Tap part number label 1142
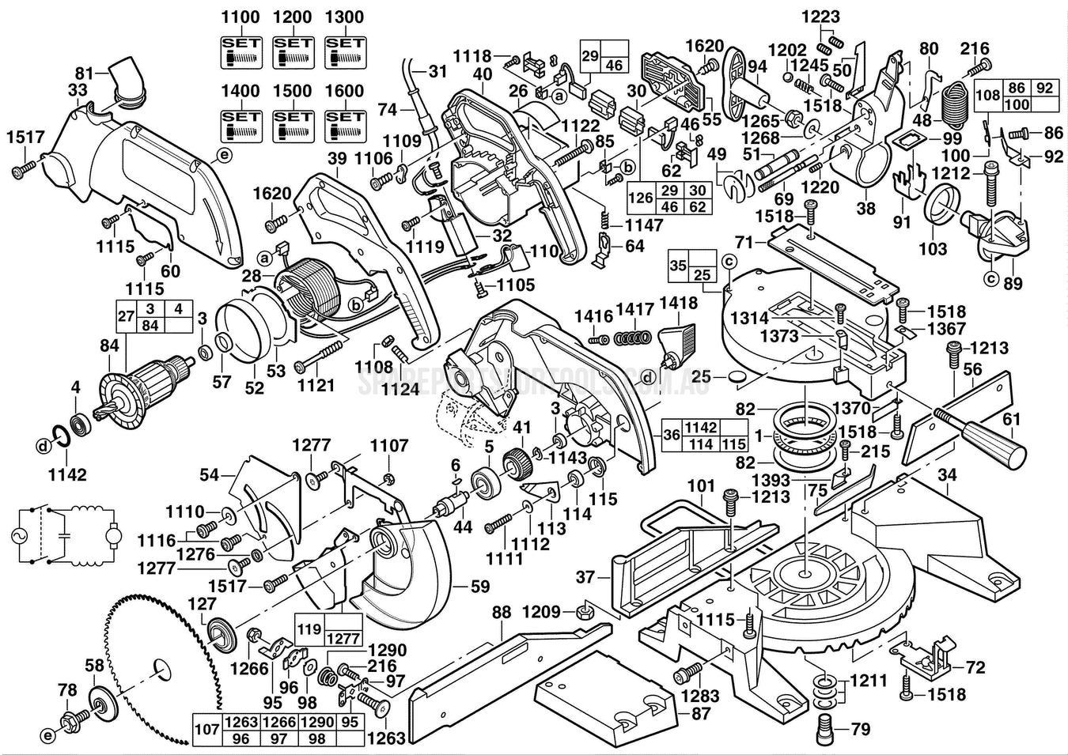pyautogui.click(x=67, y=474)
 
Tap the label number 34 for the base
pyautogui.click(x=947, y=475)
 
